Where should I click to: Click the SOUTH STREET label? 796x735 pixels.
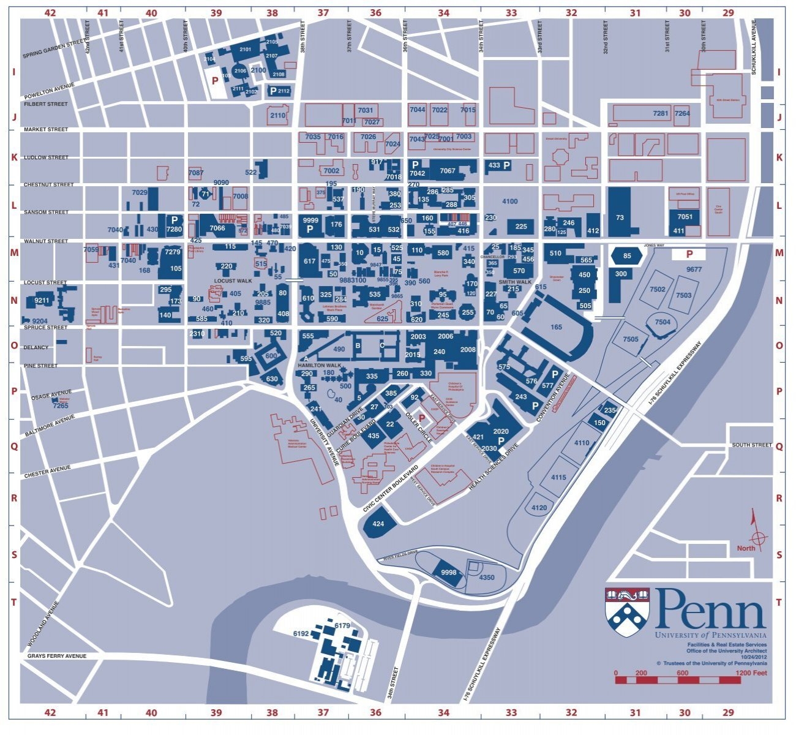click(751, 445)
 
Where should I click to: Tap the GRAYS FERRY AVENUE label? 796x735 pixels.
click(56, 656)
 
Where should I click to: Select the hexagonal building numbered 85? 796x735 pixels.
click(626, 255)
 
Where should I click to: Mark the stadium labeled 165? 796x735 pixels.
click(556, 327)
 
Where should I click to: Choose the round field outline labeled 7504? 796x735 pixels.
click(662, 322)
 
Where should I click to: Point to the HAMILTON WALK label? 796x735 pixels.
click(315, 364)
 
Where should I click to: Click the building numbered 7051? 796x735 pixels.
click(685, 217)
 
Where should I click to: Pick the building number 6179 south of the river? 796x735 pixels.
click(342, 625)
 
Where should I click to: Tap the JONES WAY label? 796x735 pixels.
click(654, 244)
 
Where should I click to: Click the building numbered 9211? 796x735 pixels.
click(42, 301)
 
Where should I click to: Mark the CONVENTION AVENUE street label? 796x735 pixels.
click(553, 399)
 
